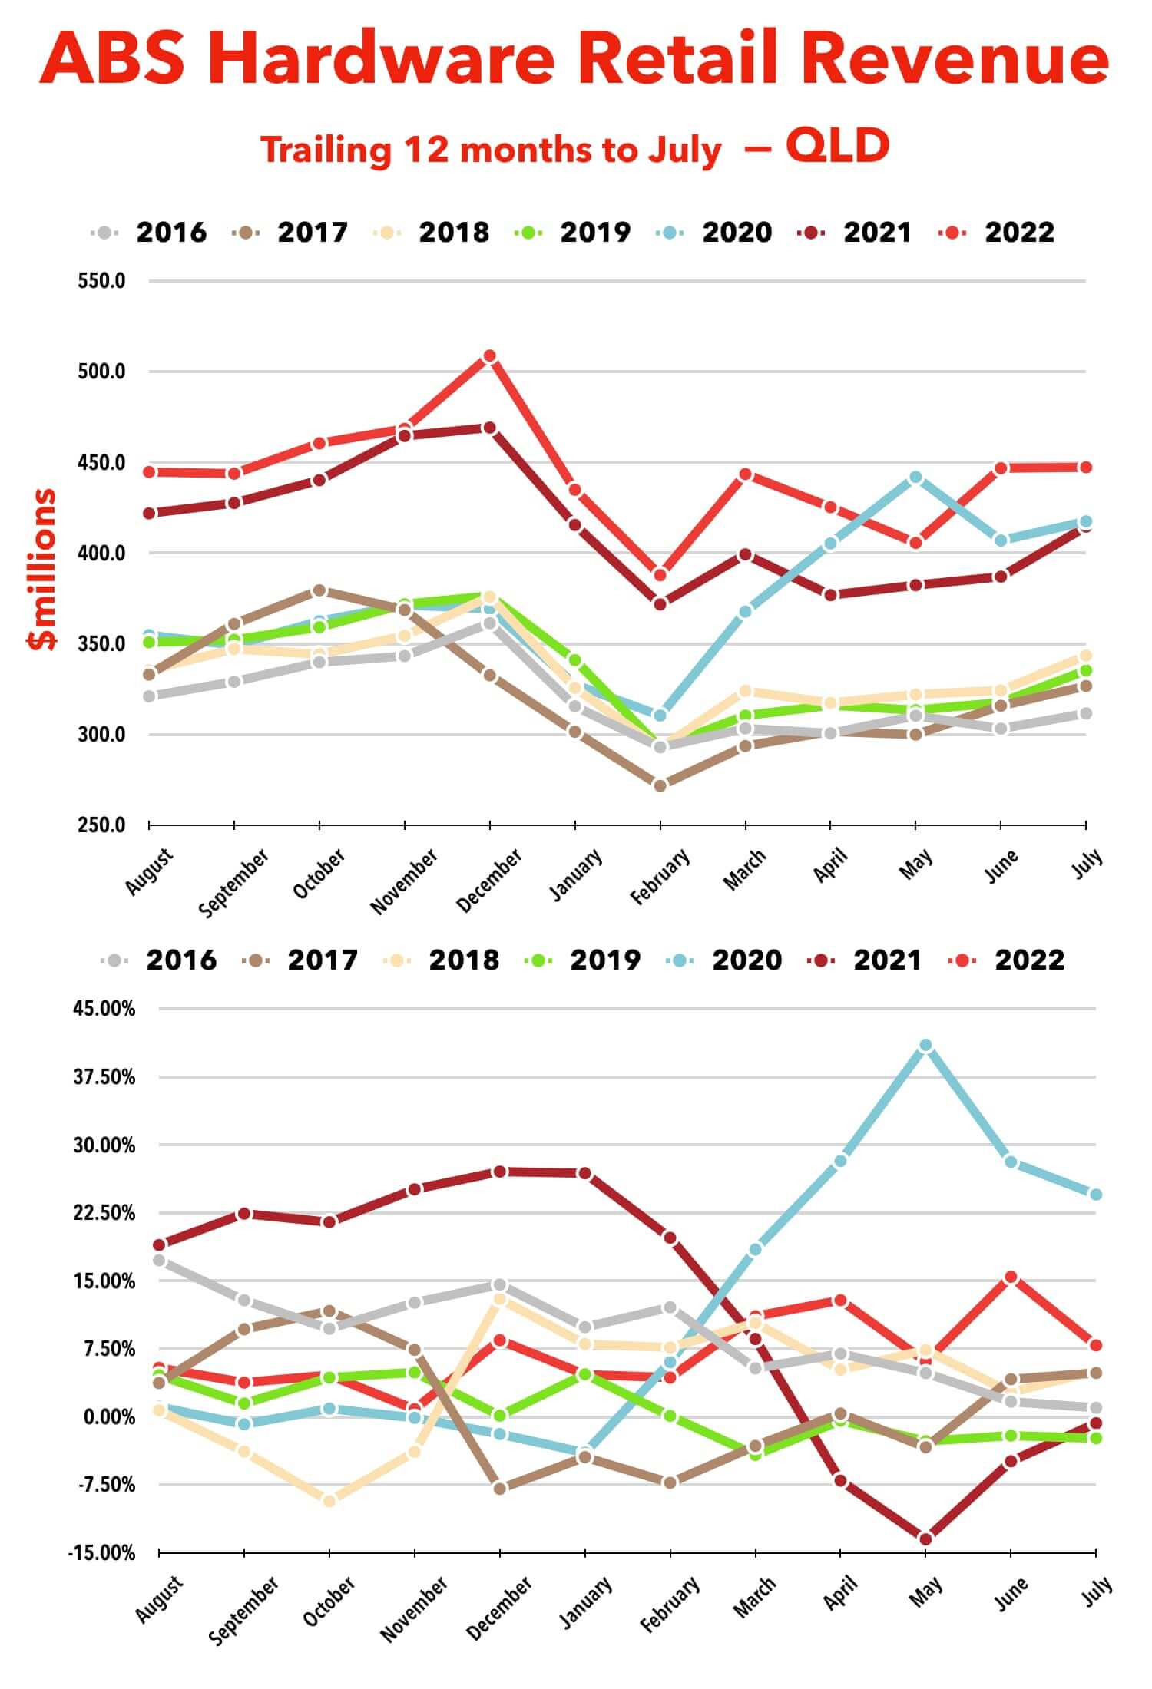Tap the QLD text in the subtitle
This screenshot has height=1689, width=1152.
[x=837, y=146]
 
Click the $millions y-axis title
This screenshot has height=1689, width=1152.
[x=42, y=569]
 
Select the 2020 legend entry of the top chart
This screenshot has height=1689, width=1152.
[x=714, y=232]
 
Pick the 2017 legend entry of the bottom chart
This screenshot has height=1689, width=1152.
[x=300, y=960]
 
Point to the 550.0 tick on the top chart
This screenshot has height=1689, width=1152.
[x=101, y=281]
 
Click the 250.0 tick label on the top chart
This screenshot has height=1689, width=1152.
[x=101, y=825]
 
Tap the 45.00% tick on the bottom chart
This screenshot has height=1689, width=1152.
[x=104, y=1009]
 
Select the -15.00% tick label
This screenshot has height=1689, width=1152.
[x=101, y=1554]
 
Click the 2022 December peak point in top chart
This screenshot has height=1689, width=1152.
[x=489, y=356]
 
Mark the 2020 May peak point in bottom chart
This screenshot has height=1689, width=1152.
[x=925, y=1046]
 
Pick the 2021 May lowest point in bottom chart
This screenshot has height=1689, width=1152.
[x=925, y=1539]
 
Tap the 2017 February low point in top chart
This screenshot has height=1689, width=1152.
[x=660, y=785]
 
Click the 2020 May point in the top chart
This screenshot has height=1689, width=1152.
[x=915, y=478]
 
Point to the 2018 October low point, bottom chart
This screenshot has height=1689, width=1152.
[x=329, y=1501]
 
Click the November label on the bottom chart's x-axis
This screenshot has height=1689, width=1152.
[x=414, y=1608]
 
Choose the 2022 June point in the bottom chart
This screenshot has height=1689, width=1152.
[x=1011, y=1277]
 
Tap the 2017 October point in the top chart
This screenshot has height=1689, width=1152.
[x=319, y=590]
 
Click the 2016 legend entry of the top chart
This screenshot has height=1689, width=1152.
[x=149, y=232]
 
